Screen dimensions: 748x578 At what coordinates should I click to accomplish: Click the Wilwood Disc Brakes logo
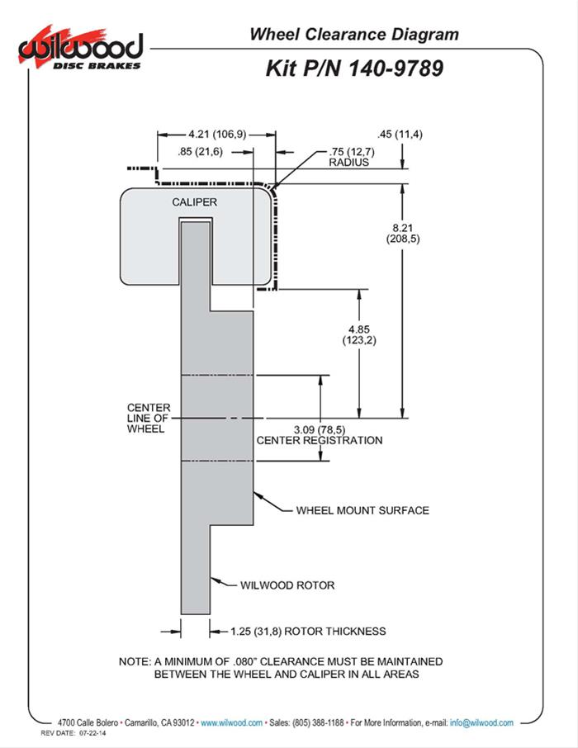pos(81,50)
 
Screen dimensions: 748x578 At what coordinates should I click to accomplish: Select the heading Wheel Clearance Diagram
pos(353,35)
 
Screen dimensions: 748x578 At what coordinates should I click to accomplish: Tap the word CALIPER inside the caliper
pos(195,202)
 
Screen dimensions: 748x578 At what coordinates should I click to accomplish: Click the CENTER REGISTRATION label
pos(320,440)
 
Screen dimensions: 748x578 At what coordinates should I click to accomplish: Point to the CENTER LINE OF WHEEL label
pos(149,419)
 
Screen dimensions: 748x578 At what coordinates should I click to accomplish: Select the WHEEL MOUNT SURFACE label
pos(362,510)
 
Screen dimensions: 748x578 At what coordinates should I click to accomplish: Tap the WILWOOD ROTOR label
pos(287,585)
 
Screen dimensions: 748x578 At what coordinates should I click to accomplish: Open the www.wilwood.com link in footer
pos(232,722)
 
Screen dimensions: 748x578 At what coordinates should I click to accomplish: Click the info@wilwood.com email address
pos(482,722)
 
